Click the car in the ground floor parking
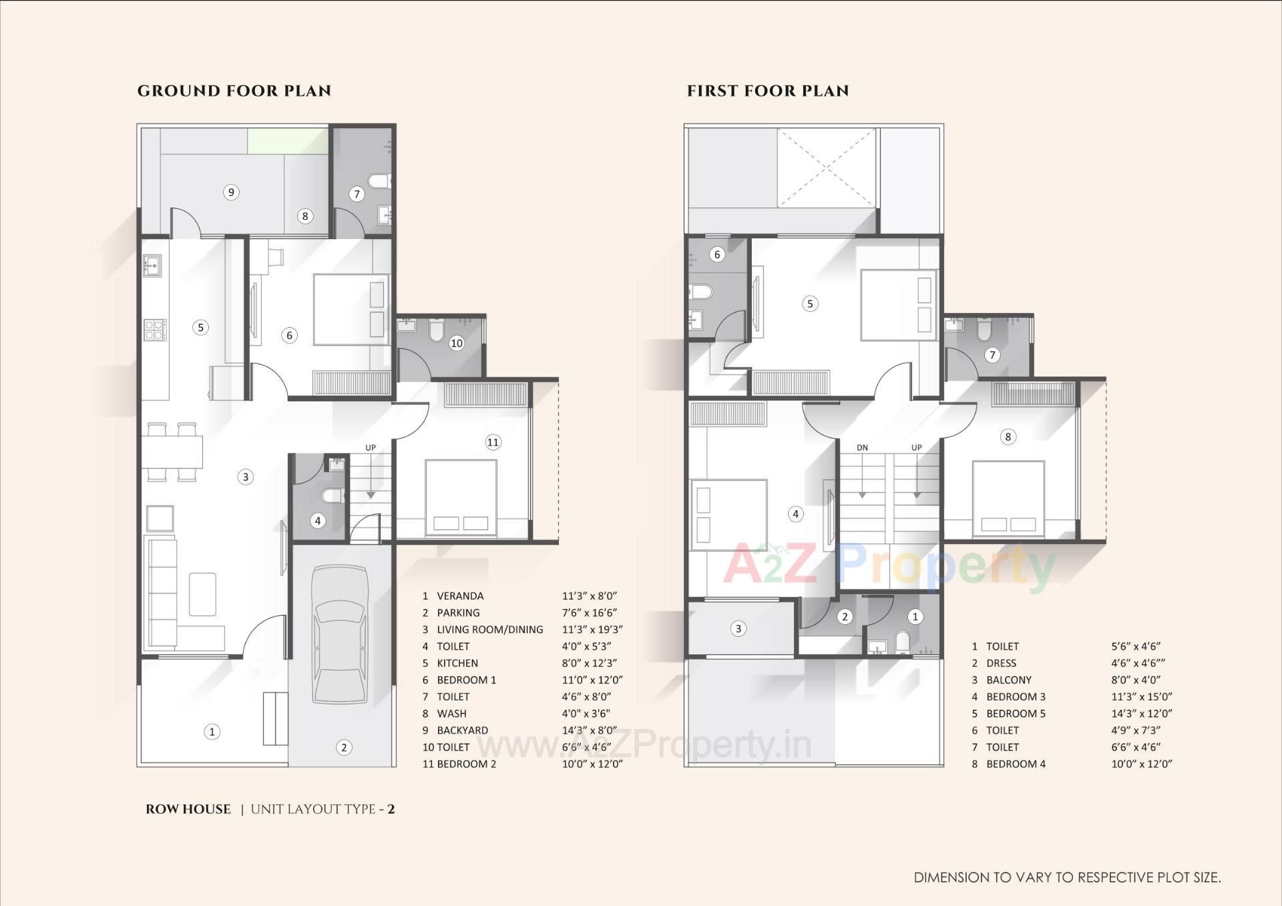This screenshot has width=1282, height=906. pos(341,635)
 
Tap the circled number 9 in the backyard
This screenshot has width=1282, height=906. pos(231,192)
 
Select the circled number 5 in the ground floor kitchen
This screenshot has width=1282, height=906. pos(200,327)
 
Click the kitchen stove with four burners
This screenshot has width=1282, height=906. pos(154,330)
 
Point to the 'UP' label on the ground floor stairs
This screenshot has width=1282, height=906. pos(371,447)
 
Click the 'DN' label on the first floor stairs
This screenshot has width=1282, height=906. pos(862,447)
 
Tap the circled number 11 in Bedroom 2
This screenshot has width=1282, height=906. pos(493,442)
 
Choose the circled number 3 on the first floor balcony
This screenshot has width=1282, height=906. pos(738,628)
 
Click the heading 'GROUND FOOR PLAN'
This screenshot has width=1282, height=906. pos(234,91)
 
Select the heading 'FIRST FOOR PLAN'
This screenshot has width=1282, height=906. pos(768,91)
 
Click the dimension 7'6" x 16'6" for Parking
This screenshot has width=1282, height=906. pos(589,612)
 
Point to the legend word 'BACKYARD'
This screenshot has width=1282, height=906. pos(462,730)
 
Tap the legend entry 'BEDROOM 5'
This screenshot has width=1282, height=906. pos(1016,713)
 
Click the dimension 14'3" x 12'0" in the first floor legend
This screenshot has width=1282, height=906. pos(1142,713)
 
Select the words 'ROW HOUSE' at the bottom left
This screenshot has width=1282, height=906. pos(188,809)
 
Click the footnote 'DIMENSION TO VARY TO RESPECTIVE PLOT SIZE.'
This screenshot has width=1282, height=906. pos(1067,877)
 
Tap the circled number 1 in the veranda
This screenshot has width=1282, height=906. pos(212,732)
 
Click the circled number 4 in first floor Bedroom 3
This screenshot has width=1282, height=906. pos(795,514)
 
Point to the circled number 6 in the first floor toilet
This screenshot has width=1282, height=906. pos(717,254)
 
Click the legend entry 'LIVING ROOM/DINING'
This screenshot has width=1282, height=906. pos(489,630)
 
